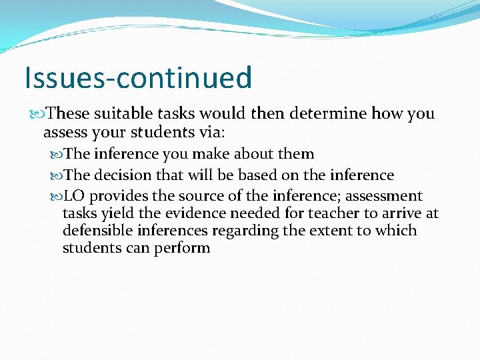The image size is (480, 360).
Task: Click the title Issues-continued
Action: [x=138, y=77]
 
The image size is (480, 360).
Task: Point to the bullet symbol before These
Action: [x=42, y=114]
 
